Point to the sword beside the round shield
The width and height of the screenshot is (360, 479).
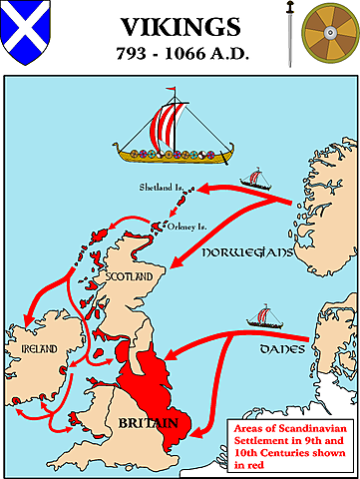click(288, 32)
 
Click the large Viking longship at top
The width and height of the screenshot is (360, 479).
click(171, 135)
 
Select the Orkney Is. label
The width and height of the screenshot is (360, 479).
click(189, 224)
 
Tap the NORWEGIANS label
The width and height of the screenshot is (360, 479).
click(245, 253)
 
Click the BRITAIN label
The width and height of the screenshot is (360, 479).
click(146, 424)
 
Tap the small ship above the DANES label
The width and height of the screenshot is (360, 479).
click(264, 316)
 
